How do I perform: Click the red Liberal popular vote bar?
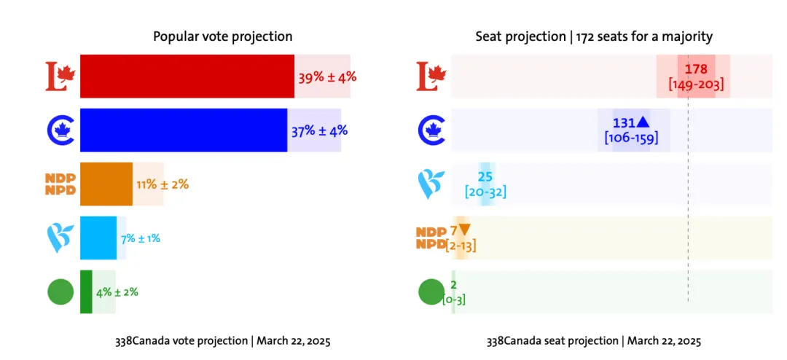pyautogui.click(x=187, y=76)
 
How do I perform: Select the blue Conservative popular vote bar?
pyautogui.click(x=183, y=130)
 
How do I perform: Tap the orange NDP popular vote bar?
pyautogui.click(x=106, y=184)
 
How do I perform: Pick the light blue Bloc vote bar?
pyautogui.click(x=98, y=238)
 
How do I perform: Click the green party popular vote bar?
pyautogui.click(x=86, y=291)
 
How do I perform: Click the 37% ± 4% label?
pyautogui.click(x=319, y=131)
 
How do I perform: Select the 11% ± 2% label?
pyautogui.click(x=163, y=184)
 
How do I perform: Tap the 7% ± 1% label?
pyautogui.click(x=140, y=238)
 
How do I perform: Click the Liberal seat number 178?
pyautogui.click(x=697, y=69)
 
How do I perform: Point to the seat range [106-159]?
pyautogui.click(x=633, y=137)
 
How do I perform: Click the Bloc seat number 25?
pyautogui.click(x=485, y=176)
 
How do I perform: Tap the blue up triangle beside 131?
pyautogui.click(x=643, y=122)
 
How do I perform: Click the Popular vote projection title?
pyautogui.click(x=222, y=36)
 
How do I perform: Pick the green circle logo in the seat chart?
pyautogui.click(x=431, y=292)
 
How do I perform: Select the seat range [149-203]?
pyautogui.click(x=696, y=85)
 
